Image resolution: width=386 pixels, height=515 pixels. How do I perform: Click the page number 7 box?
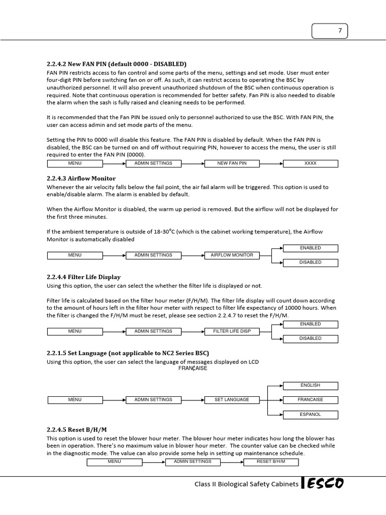point(329,31)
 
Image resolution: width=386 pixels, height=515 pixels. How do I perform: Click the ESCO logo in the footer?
point(324,484)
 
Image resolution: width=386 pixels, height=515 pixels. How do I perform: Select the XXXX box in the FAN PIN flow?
point(311,163)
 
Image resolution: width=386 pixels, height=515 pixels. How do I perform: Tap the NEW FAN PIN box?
point(232,163)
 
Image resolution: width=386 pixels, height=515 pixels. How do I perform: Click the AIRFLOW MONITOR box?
point(232,255)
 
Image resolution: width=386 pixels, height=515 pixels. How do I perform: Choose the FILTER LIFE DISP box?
point(232,331)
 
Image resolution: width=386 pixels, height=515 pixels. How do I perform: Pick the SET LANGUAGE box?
point(232,400)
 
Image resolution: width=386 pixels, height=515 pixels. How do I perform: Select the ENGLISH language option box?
point(310,386)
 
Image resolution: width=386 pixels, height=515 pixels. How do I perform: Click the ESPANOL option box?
point(310,415)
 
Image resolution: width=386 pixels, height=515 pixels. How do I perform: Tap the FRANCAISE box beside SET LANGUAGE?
point(310,400)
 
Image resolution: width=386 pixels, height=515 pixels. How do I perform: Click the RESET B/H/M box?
point(270,462)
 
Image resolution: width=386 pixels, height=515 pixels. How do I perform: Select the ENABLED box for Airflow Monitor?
point(310,248)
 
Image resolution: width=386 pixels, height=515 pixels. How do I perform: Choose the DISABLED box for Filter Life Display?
point(310,338)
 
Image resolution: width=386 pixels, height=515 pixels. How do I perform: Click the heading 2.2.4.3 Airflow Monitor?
point(81,179)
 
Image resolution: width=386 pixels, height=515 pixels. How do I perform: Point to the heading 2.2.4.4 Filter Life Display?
point(83,277)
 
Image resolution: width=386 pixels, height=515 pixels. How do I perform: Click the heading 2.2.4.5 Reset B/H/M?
point(77,430)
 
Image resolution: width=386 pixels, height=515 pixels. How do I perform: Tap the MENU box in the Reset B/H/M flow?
point(114,462)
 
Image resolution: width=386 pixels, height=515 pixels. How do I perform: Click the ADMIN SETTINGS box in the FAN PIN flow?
point(153,163)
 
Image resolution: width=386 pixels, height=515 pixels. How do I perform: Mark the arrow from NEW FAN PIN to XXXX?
point(272,163)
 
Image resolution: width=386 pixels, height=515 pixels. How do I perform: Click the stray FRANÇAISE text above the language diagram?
point(192,368)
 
